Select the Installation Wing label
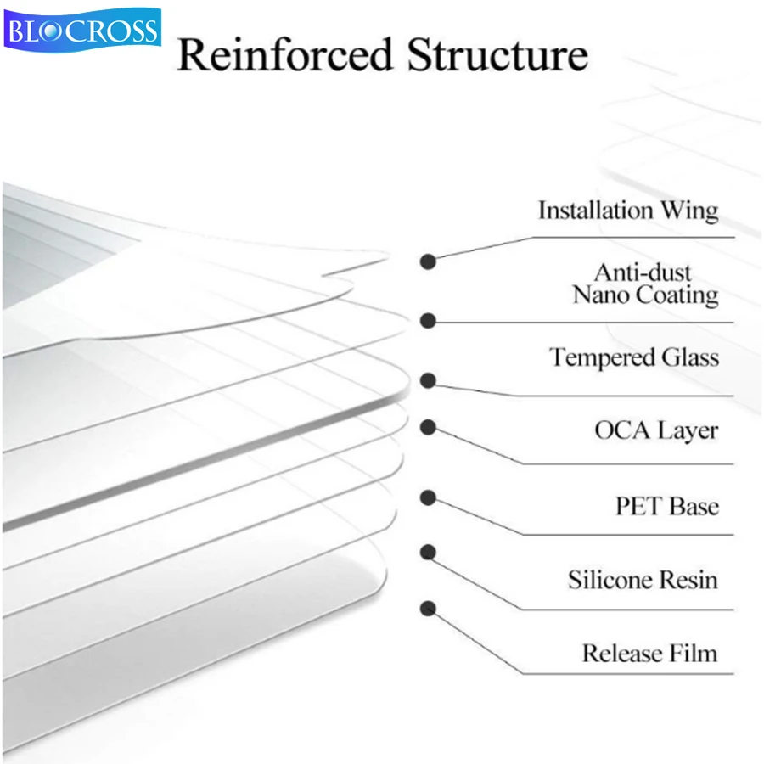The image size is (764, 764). tap(627, 211)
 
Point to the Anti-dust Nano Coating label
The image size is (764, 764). tap(644, 284)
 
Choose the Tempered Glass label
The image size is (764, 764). tap(633, 357)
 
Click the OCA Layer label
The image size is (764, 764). tap(655, 430)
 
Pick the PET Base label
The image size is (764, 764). tap(666, 506)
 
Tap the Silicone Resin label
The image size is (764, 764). tap(643, 580)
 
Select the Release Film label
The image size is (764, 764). tap(649, 654)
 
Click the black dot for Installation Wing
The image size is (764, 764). tap(429, 261)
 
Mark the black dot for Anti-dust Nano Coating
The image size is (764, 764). tap(429, 321)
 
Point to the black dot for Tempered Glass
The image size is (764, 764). tap(429, 381)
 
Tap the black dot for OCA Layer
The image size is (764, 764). tap(429, 427)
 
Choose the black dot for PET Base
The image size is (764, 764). tap(429, 497)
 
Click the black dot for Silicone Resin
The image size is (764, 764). tap(429, 552)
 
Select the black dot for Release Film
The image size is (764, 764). tap(429, 608)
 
